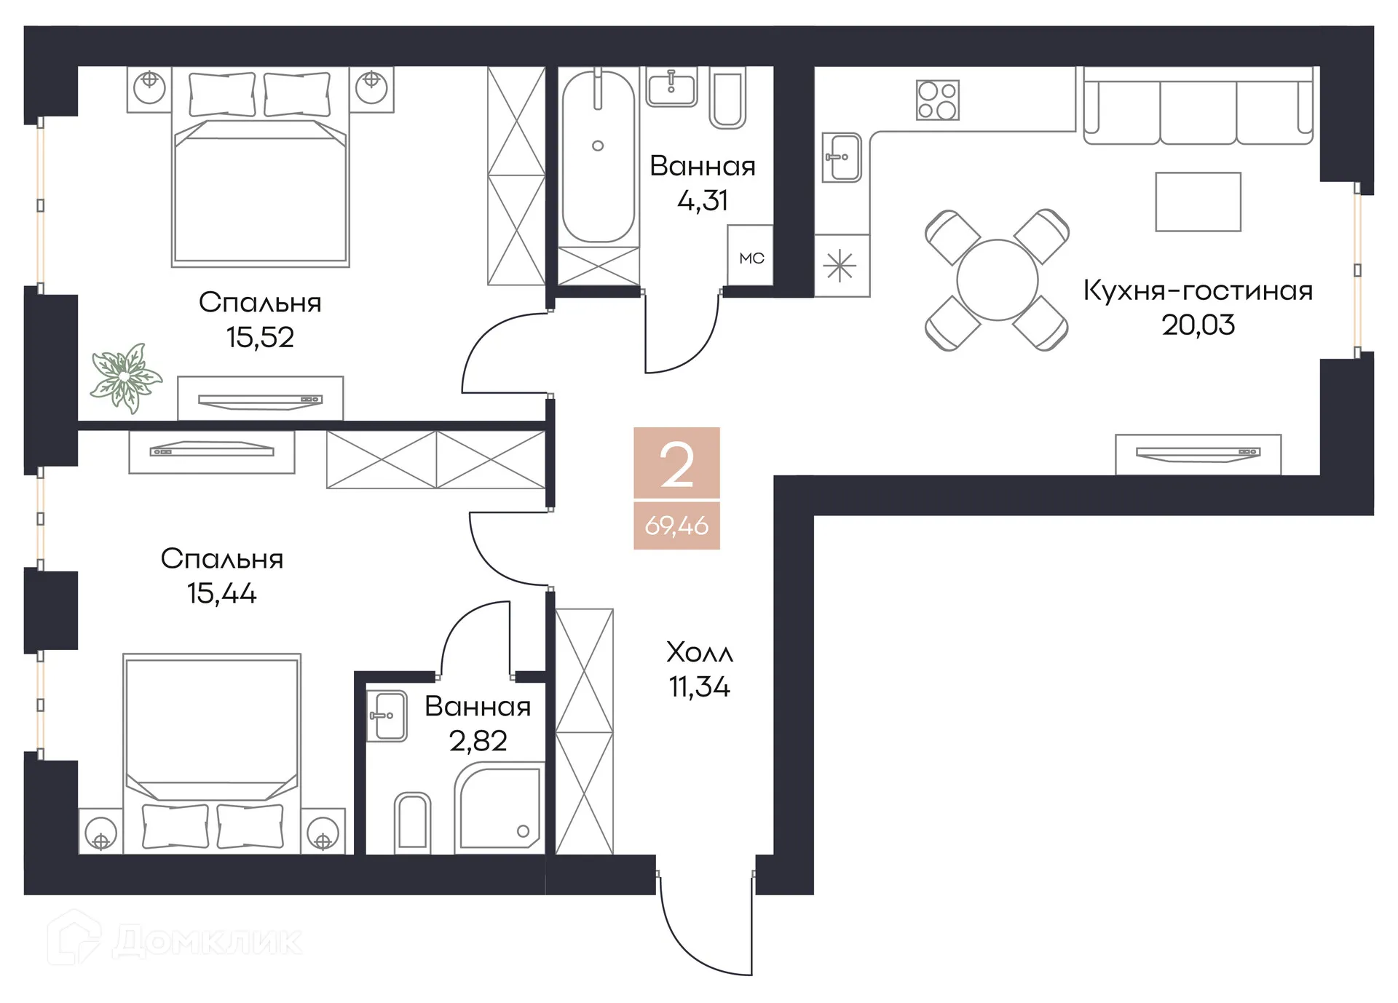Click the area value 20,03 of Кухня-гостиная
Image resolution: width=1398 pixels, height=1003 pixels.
[1198, 325]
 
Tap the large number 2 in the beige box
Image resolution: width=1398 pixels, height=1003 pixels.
[676, 464]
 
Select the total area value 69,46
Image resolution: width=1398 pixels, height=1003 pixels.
[676, 526]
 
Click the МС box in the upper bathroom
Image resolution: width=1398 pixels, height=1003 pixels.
[751, 258]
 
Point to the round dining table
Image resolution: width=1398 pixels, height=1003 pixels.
[997, 280]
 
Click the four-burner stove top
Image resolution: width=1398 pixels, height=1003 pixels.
[937, 100]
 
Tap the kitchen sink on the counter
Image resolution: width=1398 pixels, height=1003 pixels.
[842, 157]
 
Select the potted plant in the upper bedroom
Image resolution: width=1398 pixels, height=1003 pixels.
[125, 377]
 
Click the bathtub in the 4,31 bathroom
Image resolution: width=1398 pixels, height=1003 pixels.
[598, 156]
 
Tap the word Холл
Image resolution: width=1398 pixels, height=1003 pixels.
[699, 653]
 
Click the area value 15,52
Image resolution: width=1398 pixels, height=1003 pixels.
[260, 337]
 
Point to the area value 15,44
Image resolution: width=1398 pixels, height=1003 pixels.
[221, 593]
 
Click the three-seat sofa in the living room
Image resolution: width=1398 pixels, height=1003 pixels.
[1197, 109]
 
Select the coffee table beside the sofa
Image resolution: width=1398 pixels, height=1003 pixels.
[1198, 202]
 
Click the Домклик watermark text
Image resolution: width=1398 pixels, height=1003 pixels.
[207, 940]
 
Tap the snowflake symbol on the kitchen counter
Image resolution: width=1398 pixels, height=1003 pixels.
[840, 266]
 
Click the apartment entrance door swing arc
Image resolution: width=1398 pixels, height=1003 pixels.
[692, 946]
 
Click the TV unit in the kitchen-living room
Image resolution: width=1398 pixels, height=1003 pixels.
[1198, 453]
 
